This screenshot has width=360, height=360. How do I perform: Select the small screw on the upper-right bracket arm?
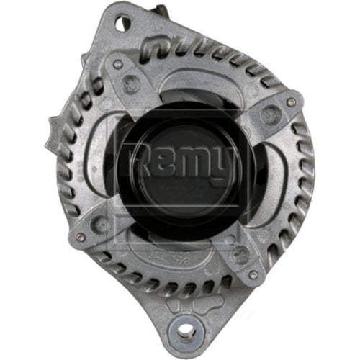290,102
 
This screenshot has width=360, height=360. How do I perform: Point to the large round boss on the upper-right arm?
269,114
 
